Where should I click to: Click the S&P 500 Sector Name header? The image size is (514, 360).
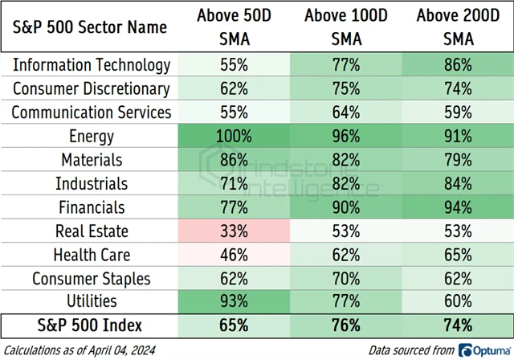coord(91,27)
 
